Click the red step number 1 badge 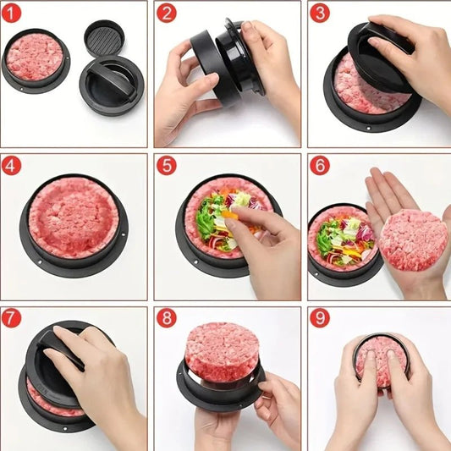(12, 13)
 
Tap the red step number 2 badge (166, 13)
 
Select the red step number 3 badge (319, 13)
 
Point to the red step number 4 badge (12, 165)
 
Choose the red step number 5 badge (166, 165)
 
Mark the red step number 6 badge (319, 165)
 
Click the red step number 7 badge (12, 319)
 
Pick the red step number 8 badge (166, 319)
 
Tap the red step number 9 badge (319, 319)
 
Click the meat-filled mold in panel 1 (35, 58)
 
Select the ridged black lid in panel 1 (104, 36)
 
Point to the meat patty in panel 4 (74, 217)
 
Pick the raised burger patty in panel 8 (222, 350)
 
